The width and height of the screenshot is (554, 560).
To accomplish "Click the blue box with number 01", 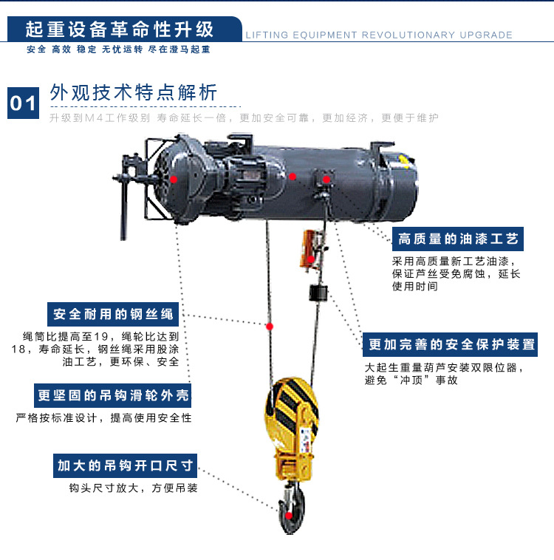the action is coord(23,103).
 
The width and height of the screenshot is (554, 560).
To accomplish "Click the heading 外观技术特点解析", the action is coord(133,92).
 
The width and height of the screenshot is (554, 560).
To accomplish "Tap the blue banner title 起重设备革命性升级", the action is coord(120,30).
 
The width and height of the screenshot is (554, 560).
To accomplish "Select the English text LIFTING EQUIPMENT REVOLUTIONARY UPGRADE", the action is coord(379,35).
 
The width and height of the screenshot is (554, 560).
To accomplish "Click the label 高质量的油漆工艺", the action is coord(458,239).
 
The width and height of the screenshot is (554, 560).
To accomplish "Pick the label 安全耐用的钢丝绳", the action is coord(113,314).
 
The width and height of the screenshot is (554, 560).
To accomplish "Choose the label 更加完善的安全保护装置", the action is coord(450,344).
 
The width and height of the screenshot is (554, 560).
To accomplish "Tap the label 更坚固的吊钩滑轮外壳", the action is coord(112,395).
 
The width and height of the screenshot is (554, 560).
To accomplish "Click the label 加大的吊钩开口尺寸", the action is coord(125,465).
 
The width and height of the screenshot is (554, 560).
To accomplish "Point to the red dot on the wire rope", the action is coord(270,327).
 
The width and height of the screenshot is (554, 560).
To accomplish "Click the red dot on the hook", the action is coord(289,516).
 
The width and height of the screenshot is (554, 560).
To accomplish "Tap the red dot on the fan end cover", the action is coord(174,180).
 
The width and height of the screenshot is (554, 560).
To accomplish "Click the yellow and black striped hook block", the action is coord(292,427).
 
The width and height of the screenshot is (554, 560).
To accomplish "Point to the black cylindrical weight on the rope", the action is coord(318,293).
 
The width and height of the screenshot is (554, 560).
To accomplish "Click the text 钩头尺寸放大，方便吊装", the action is coord(133,488).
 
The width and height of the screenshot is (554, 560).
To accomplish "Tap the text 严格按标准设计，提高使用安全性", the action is coord(103,418).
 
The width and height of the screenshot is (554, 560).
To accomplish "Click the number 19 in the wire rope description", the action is coord(101,336).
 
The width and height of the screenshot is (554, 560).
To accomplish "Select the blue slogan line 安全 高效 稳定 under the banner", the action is coord(61,49).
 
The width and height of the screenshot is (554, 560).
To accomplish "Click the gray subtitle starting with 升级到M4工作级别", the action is coord(244,118).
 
